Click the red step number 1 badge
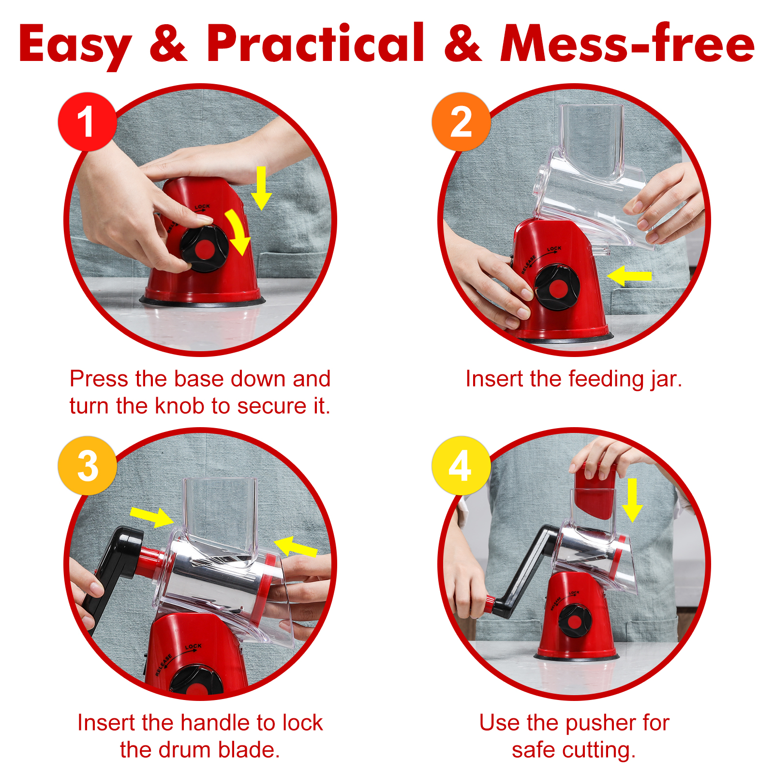click(x=87, y=121)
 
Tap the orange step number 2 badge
click(x=461, y=121)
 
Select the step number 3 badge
click(x=87, y=465)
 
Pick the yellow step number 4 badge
click(x=461, y=465)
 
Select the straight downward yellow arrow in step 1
click(x=261, y=188)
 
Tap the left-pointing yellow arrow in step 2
click(x=629, y=276)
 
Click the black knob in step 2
click(x=557, y=288)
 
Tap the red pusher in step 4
click(x=595, y=490)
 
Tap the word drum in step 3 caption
click(x=186, y=750)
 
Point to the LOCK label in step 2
click(x=554, y=249)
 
